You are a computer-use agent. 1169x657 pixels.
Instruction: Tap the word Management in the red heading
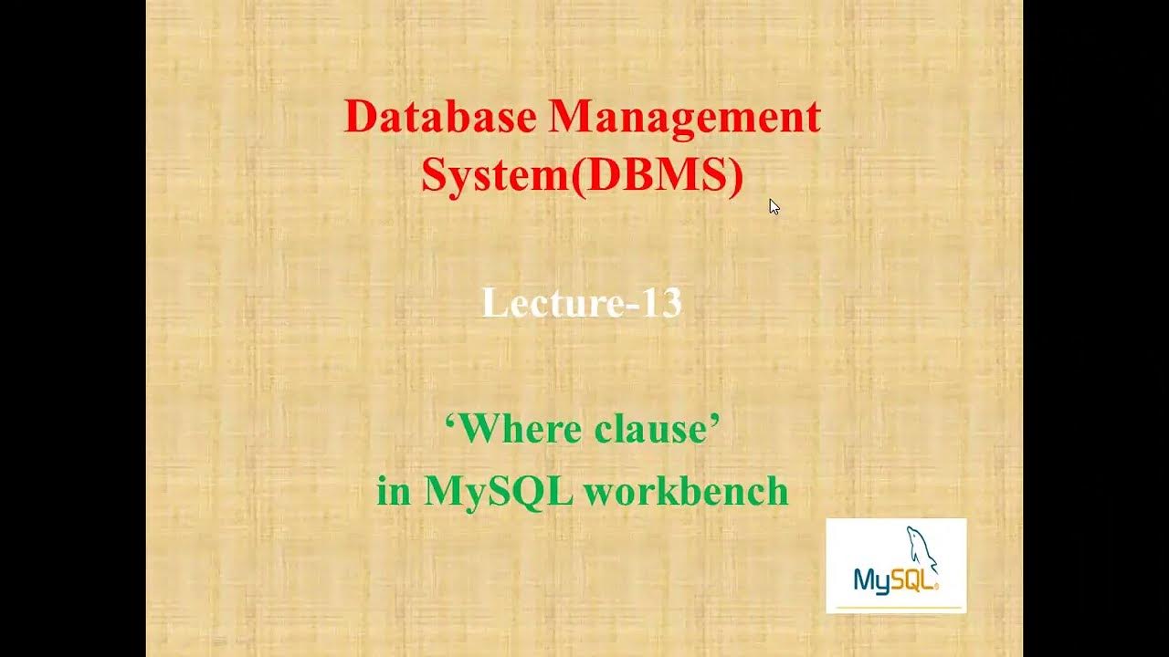685,118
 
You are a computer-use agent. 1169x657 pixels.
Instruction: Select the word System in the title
494,174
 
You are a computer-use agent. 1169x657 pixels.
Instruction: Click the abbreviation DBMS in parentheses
656,174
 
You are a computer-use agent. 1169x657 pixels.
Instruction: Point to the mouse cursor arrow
774,206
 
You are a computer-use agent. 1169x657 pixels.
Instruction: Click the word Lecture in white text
540,303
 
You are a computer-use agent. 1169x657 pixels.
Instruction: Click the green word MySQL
499,491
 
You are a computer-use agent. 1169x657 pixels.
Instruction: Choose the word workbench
686,491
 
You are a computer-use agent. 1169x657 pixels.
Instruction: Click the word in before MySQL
394,491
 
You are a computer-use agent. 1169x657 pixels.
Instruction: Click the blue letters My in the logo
871,579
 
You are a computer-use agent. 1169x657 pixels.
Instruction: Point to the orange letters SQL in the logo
913,579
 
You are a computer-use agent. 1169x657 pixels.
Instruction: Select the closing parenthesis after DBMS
735,175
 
